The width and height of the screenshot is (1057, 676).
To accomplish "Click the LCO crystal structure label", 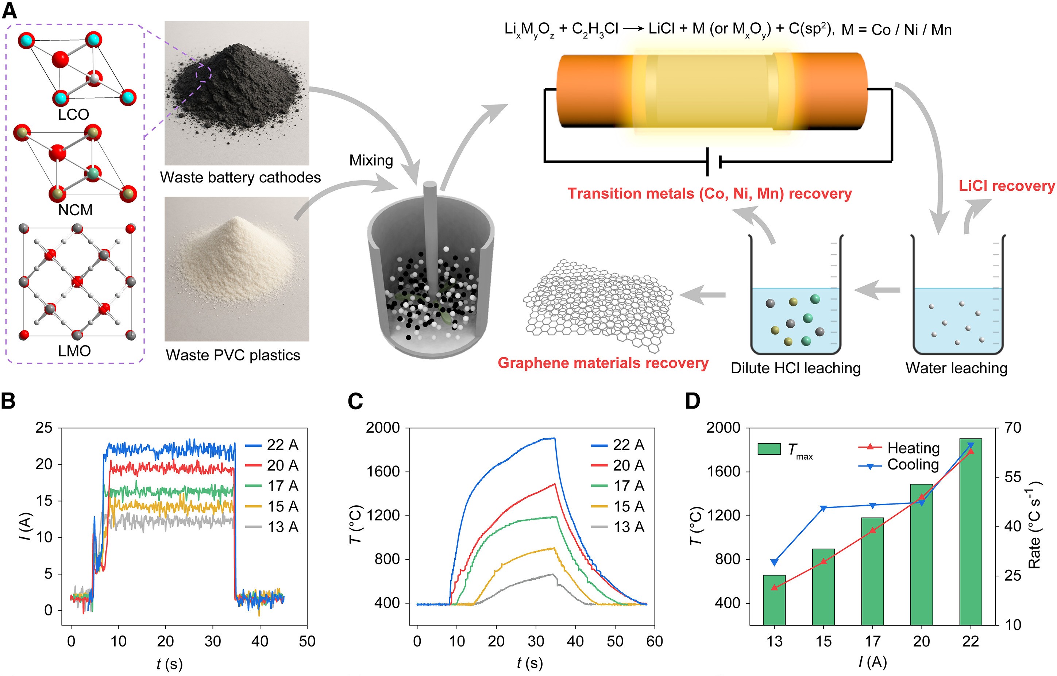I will pos(74,115).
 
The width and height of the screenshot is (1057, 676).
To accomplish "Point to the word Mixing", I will pos(371,161).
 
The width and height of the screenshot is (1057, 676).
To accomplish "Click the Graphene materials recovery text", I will pos(603,363).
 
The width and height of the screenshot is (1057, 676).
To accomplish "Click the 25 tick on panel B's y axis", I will pos(44,428).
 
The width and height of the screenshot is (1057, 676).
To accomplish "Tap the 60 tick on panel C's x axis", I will pos(655,642).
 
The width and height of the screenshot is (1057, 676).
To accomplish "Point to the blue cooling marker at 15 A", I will pos(823,508).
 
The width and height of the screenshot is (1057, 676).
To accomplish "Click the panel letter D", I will pos(693,401).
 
